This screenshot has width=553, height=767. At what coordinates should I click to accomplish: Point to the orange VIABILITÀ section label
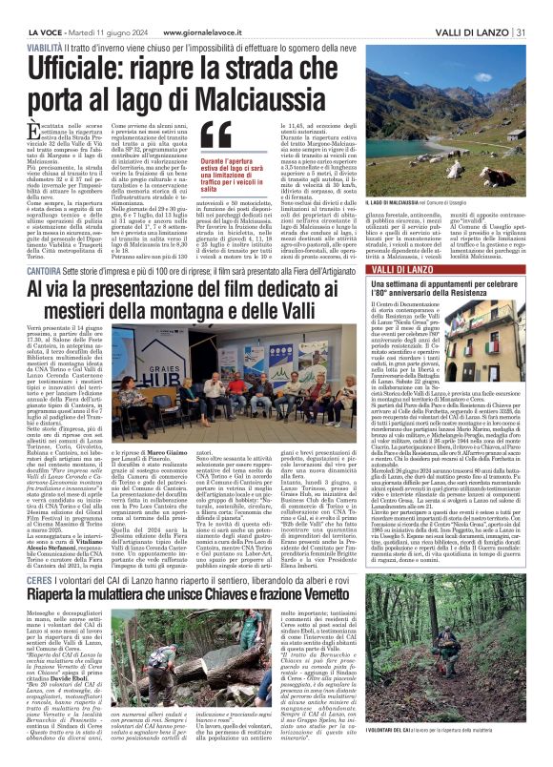[x=46, y=44]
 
